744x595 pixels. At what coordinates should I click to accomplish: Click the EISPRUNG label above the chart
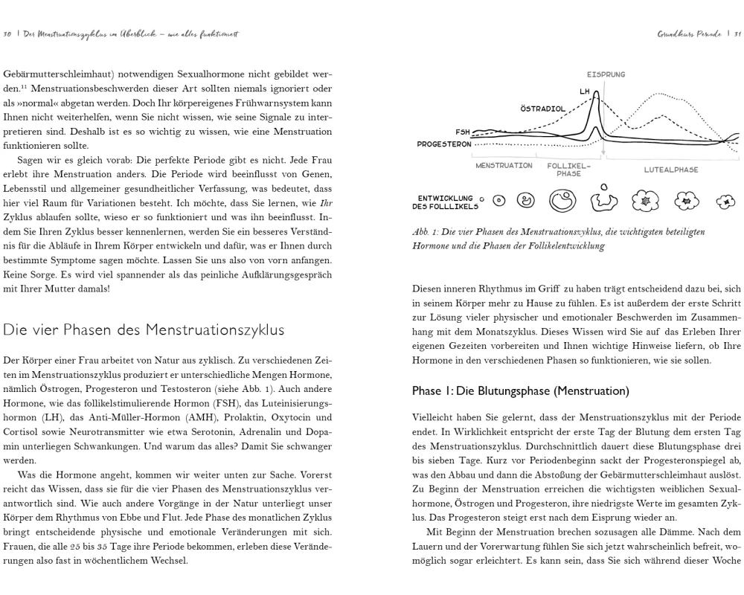click(606, 75)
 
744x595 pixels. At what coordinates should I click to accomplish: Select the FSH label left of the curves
click(463, 131)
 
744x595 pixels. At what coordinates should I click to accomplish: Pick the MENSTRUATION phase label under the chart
click(504, 166)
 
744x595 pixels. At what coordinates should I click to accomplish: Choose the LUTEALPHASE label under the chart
click(671, 170)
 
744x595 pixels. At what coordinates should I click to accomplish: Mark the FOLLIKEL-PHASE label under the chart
click(568, 170)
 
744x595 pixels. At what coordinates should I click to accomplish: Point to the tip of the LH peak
click(596, 92)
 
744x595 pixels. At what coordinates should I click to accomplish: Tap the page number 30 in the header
click(7, 33)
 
